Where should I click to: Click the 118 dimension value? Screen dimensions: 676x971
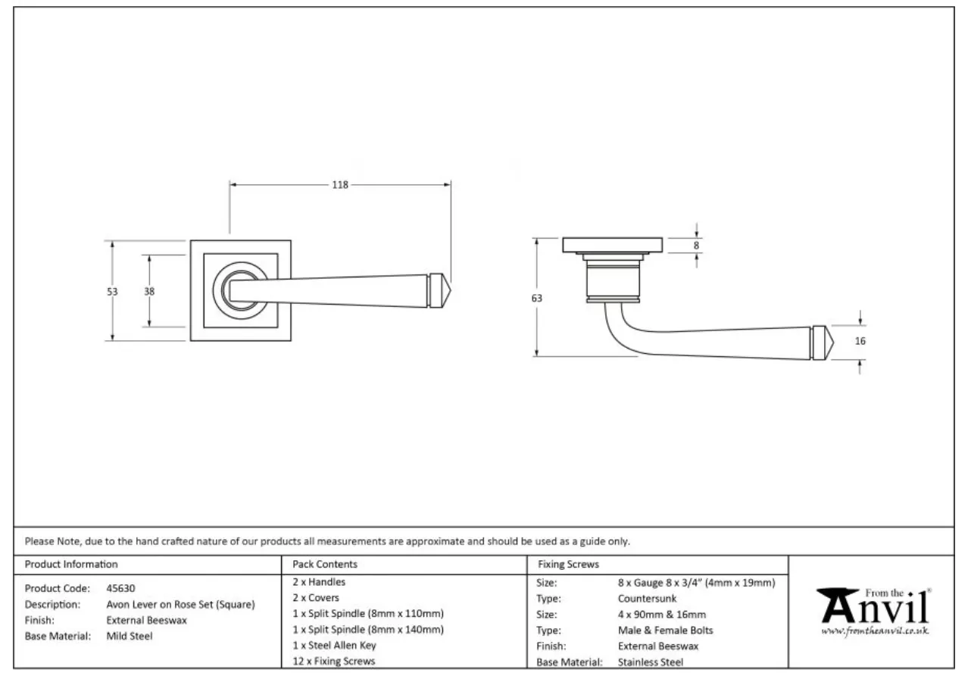[340, 184]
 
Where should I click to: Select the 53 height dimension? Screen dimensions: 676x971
[113, 291]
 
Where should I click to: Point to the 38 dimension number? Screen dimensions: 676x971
[149, 291]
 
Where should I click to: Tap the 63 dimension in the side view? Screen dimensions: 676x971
[537, 298]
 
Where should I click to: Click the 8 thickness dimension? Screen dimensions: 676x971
[697, 245]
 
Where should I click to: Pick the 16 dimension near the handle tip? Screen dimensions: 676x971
[860, 341]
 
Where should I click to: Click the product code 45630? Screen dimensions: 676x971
[121, 588]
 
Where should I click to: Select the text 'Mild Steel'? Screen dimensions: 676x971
[129, 637]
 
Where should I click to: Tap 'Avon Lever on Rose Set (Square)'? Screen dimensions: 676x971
[180, 605]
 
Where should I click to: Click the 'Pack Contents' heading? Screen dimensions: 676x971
[325, 565]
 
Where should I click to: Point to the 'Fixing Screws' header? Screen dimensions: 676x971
[568, 565]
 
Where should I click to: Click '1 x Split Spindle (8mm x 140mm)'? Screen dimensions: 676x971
[368, 629]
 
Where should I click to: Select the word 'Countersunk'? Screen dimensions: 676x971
[642, 599]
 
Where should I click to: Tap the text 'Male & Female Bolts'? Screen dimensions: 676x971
[665, 631]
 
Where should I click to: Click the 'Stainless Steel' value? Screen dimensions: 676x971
[651, 662]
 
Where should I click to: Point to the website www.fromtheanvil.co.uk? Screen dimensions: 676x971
[875, 631]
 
